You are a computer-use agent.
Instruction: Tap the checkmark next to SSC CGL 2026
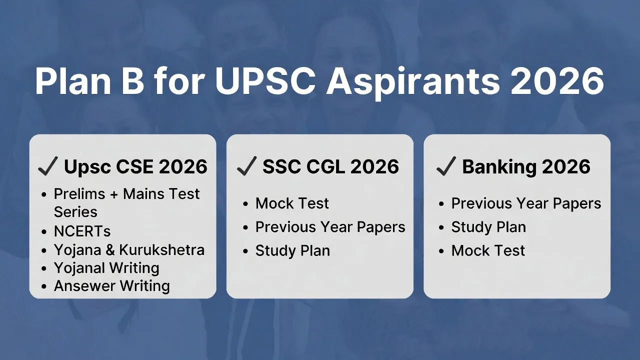click(x=246, y=166)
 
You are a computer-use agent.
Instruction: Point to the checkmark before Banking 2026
click(x=445, y=166)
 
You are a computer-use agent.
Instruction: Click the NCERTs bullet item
click(x=82, y=231)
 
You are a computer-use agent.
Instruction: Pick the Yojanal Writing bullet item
click(x=106, y=268)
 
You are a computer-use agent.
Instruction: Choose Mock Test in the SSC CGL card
click(x=292, y=203)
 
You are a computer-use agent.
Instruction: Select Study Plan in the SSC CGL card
click(x=292, y=250)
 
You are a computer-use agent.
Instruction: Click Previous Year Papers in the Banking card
click(x=526, y=203)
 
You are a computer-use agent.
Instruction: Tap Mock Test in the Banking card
click(x=488, y=250)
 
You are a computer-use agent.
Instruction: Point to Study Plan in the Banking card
click(x=488, y=227)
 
